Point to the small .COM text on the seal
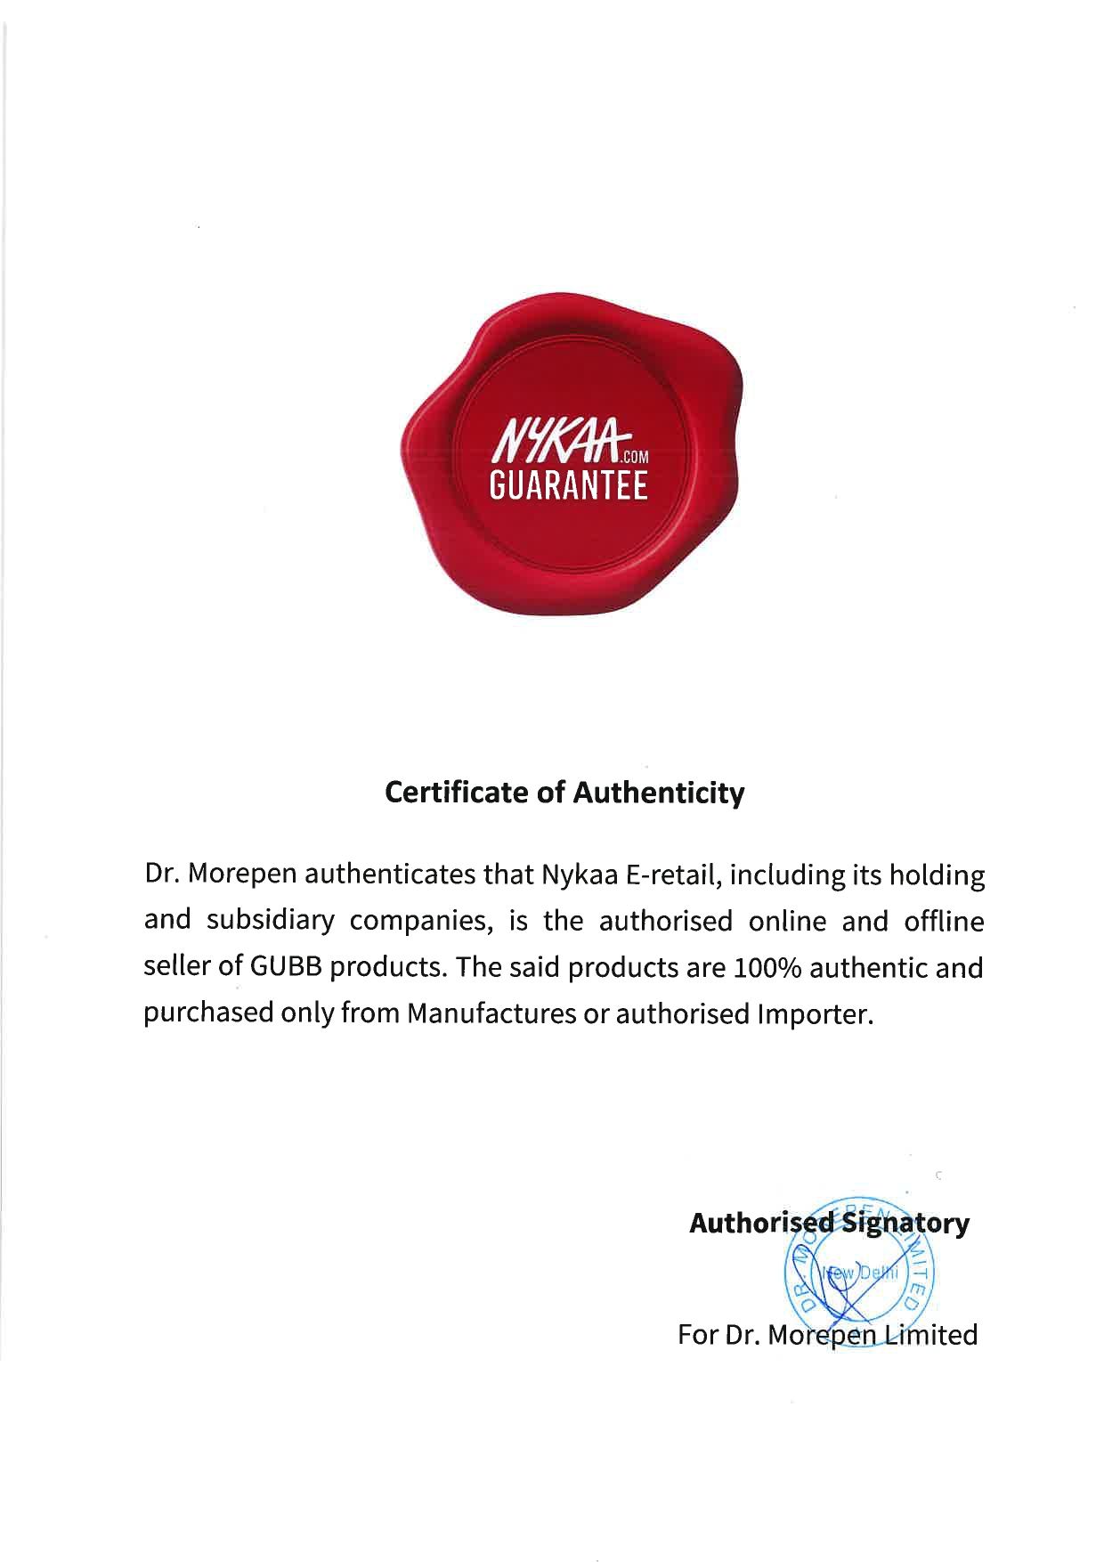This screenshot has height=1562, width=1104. click(x=637, y=458)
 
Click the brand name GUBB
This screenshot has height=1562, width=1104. click(x=287, y=968)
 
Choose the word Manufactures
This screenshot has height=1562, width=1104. click(x=491, y=1014)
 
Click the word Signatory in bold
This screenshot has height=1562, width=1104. click(x=906, y=1224)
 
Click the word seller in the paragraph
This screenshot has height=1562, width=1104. click(x=177, y=968)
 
